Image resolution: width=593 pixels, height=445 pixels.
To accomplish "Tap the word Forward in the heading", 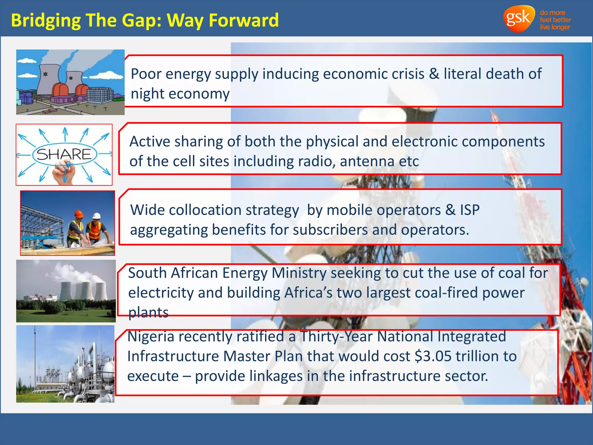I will coord(244,20).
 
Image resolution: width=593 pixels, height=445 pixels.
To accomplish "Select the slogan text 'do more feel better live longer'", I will coord(555,20).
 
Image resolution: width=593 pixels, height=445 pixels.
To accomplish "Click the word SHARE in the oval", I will coord(64,154).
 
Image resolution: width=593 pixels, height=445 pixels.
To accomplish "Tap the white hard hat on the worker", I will coord(96,216).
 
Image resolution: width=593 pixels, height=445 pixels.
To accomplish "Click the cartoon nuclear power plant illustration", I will coord(70,82).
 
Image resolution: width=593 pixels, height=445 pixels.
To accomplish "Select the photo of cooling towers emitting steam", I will coord(66,291).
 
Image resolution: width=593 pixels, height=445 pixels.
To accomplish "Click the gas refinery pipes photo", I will coord(65,364).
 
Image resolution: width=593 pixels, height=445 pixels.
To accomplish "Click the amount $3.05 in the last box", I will coord(433,356).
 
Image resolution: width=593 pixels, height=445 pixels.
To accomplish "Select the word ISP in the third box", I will coord(470,210).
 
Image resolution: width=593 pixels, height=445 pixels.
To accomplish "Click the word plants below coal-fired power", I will coord(148,313).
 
